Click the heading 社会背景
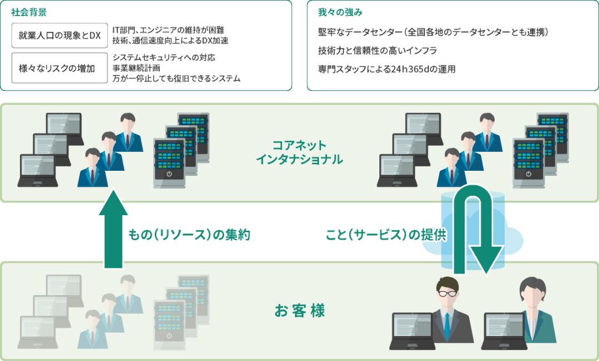coord(29,12)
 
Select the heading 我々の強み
coord(340,12)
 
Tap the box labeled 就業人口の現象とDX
coord(59,35)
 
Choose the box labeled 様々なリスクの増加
coord(59,68)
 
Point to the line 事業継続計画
coord(136,68)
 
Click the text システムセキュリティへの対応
coord(164,58)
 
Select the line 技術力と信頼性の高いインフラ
coord(378,50)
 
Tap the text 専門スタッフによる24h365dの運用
coord(387,69)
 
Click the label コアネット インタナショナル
coord(299,152)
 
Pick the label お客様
coord(299,311)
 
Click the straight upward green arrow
coord(114,228)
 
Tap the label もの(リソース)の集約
coord(190,235)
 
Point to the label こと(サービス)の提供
coord(386,235)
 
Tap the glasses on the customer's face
coord(448,293)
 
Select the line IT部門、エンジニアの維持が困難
coord(168,30)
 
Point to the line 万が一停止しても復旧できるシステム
coord(176,79)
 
